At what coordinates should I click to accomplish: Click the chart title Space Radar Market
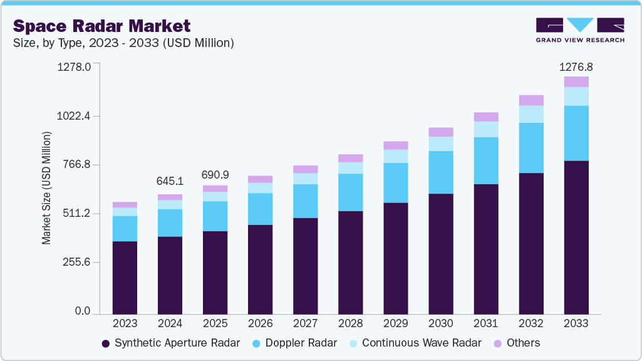pos(101,26)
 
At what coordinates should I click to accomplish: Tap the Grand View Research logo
pos(580,29)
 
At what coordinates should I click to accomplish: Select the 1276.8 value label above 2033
pos(576,66)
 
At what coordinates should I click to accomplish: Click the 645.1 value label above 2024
pos(170,181)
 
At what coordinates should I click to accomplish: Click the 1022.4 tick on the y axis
pos(75,116)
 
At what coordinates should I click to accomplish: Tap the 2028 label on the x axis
pos(350,323)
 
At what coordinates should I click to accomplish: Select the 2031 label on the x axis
pos(485,323)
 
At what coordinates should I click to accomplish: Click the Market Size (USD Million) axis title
pos(46,187)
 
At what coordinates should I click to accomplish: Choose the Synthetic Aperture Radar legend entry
pos(170,343)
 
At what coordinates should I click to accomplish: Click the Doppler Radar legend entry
pos(294,343)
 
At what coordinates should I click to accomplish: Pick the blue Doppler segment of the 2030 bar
pos(440,172)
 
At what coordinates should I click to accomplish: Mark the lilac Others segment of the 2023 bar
pos(125,204)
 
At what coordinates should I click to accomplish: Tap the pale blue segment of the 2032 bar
pos(531,114)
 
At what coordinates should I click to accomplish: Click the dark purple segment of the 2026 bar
pos(260,269)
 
